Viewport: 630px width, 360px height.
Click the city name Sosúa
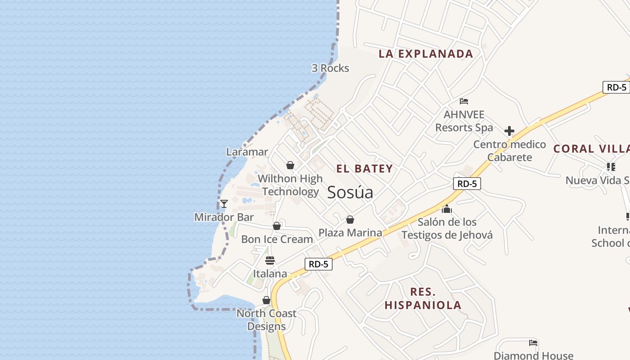[350, 193]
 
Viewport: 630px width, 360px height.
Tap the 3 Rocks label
[330, 68]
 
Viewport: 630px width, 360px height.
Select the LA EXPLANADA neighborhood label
[426, 54]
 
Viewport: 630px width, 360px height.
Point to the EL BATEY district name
[364, 169]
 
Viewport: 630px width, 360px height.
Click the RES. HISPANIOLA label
[423, 298]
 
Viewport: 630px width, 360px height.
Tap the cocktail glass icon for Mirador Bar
[224, 204]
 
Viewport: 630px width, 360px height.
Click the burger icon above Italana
[270, 261]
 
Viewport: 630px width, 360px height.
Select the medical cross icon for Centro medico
[509, 131]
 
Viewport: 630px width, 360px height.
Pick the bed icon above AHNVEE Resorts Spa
[464, 101]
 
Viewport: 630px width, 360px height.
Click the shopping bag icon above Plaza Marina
[350, 220]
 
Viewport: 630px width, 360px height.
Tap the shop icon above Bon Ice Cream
[277, 226]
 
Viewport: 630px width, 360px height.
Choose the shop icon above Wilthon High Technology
[290, 165]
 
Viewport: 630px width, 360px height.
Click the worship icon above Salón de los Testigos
[447, 209]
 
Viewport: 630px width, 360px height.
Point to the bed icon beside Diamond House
[533, 343]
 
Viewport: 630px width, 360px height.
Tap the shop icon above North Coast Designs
[266, 300]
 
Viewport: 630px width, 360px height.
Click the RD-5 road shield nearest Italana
[319, 264]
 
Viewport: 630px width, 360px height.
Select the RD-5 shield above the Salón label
[467, 184]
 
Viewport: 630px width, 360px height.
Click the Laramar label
[247, 152]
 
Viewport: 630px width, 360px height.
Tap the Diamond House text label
[533, 355]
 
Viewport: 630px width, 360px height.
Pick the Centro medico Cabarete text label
[509, 151]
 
